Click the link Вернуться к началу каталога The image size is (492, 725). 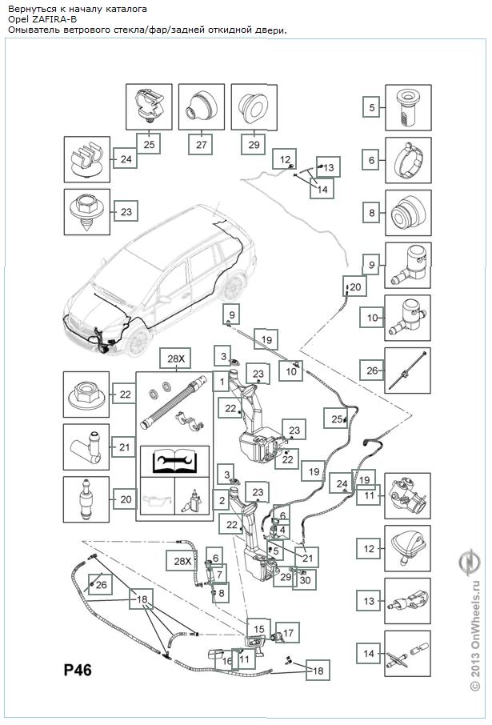click(77, 8)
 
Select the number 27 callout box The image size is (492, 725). click(201, 145)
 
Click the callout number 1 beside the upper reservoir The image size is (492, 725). click(218, 383)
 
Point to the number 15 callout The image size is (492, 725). click(258, 629)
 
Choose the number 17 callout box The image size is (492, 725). click(288, 632)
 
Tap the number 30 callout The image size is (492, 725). click(304, 581)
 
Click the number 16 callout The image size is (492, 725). click(227, 661)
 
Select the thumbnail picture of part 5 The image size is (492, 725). click(408, 106)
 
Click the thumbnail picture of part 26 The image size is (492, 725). click(408, 371)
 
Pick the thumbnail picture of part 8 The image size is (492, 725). click(408, 213)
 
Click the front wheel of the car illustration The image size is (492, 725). click(137, 341)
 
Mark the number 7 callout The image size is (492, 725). click(221, 574)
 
